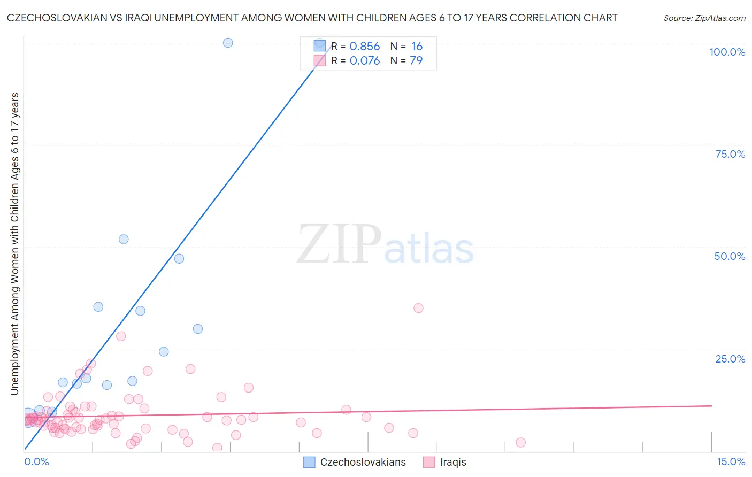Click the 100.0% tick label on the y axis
coord(727,52)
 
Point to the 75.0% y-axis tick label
coord(730,154)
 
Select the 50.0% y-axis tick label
coord(730,256)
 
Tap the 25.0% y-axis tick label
coord(730,359)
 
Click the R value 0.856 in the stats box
coord(364,47)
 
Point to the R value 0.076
coord(364,61)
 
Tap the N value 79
coord(416,61)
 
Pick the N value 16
coord(417,47)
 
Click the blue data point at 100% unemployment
coord(228,43)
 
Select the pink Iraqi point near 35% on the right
coord(418,308)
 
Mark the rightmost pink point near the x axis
coord(520,442)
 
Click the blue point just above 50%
coord(124,239)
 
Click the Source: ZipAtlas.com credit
coord(704,18)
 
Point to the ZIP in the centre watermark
coord(339,245)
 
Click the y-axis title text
coord(14,244)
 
